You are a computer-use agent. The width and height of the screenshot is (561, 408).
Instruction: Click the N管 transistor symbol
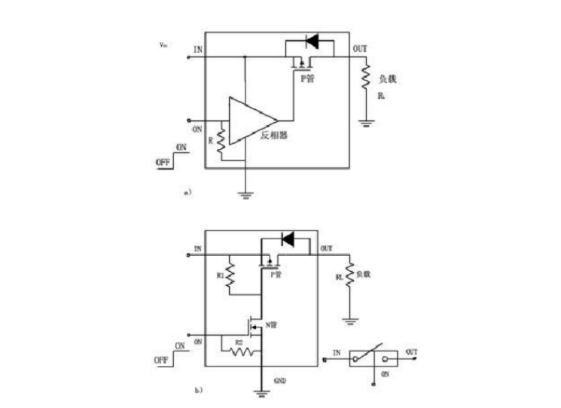point(253,327)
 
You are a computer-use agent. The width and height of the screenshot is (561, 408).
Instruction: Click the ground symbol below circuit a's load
point(366,123)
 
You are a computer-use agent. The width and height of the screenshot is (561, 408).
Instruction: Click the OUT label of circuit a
point(361,50)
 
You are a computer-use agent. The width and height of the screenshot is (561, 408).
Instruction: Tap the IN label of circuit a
point(198,50)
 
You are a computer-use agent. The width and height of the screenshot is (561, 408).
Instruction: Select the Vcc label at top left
point(163,44)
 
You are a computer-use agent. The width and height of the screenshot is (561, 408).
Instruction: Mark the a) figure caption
point(188,193)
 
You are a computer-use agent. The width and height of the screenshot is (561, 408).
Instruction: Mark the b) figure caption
point(197,390)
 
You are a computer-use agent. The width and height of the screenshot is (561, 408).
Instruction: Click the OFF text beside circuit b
point(161,361)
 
